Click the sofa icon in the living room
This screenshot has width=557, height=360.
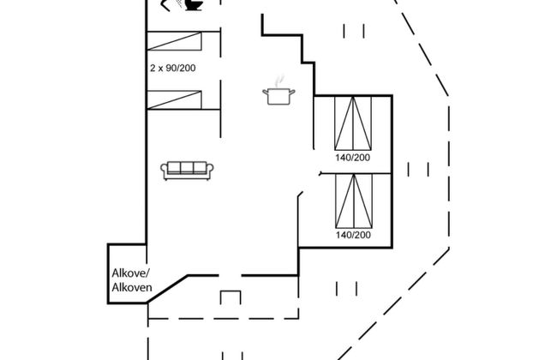click(x=187, y=171)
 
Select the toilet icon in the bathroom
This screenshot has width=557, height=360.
click(x=194, y=5)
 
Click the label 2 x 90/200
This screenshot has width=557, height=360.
click(x=172, y=68)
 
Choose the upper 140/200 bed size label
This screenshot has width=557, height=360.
click(x=353, y=158)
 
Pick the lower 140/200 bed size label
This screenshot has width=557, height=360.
click(x=353, y=235)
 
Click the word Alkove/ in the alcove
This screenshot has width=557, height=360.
click(x=131, y=273)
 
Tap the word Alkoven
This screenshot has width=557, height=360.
click(x=132, y=287)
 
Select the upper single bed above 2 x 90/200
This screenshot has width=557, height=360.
click(x=174, y=41)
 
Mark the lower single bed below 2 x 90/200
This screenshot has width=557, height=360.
click(x=174, y=100)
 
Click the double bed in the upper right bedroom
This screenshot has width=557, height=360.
click(x=353, y=123)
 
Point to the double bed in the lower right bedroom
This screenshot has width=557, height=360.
click(x=354, y=201)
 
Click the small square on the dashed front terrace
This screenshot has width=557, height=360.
click(x=231, y=297)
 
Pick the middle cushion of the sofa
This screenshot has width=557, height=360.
click(x=187, y=167)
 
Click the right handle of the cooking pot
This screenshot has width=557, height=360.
click(x=292, y=93)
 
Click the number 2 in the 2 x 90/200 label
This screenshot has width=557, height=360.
click(x=153, y=68)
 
